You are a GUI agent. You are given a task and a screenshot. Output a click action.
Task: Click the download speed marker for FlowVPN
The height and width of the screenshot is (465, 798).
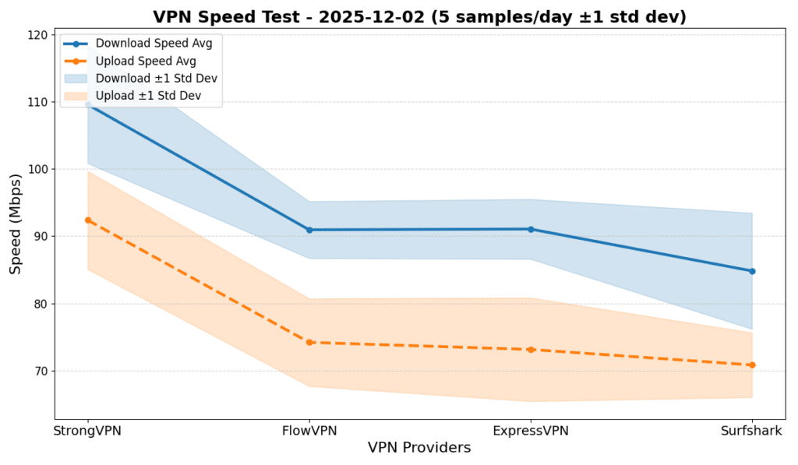point(309,230)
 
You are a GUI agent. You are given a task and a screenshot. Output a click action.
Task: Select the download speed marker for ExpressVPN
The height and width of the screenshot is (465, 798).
point(531,229)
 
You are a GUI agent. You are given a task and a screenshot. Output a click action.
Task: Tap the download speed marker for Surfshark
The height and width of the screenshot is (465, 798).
point(752,271)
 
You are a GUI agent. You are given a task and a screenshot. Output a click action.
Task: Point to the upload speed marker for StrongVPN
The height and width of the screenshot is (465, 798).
point(88,220)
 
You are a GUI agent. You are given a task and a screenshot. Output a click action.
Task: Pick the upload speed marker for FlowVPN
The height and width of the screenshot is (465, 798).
point(309,342)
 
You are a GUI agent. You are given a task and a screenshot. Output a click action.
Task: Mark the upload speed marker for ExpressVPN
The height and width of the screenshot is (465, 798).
point(531,350)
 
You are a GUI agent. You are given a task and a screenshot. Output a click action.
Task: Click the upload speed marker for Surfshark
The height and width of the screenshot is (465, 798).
point(752,365)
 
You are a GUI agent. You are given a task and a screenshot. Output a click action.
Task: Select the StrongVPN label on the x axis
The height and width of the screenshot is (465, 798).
point(88,430)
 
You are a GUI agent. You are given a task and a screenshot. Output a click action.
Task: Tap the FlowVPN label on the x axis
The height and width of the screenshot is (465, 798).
point(309,430)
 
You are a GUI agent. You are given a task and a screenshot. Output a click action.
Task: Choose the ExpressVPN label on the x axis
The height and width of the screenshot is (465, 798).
point(531,430)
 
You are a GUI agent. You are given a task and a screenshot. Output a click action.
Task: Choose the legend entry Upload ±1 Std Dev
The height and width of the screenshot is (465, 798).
point(148,96)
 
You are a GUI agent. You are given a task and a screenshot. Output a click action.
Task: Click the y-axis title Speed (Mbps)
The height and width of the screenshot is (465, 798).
point(16,224)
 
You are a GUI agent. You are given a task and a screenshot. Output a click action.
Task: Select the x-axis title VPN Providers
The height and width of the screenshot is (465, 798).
point(419,448)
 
